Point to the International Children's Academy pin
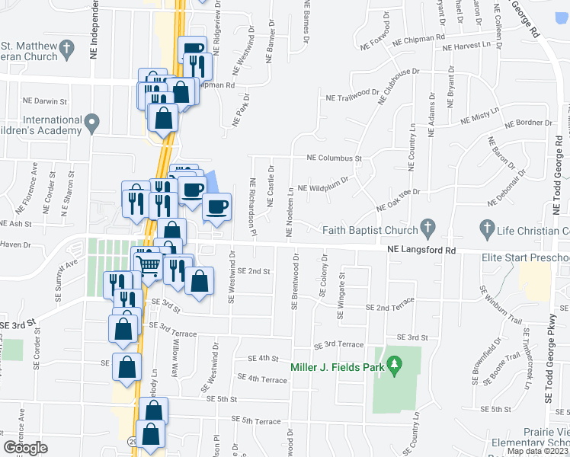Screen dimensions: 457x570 [92, 122]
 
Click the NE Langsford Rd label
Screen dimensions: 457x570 [421, 249]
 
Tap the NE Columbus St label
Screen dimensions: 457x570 [333, 158]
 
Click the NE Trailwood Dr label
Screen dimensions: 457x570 [352, 95]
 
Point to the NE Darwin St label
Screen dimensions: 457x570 [45, 100]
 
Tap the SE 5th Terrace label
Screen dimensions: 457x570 [256, 420]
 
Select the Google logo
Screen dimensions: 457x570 [25, 448]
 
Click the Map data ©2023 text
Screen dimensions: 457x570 [536, 451]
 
